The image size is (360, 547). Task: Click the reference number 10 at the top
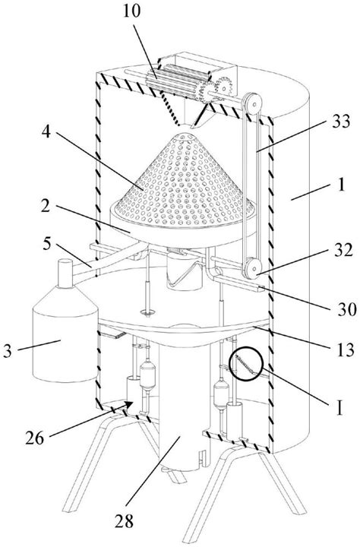point(132,11)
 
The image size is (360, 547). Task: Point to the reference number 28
point(125,522)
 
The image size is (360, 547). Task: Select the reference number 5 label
point(47,244)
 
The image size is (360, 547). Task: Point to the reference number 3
point(8,351)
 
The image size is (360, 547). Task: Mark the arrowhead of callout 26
point(128,405)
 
